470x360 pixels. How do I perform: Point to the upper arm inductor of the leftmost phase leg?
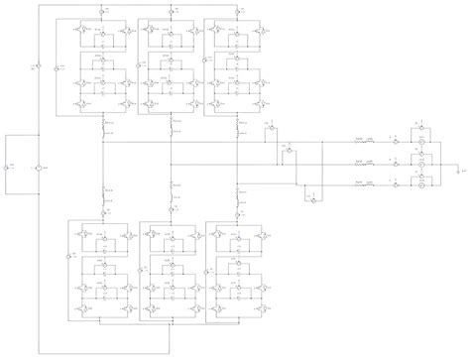tap(104, 127)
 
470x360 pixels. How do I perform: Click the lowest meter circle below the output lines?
tap(314, 199)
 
